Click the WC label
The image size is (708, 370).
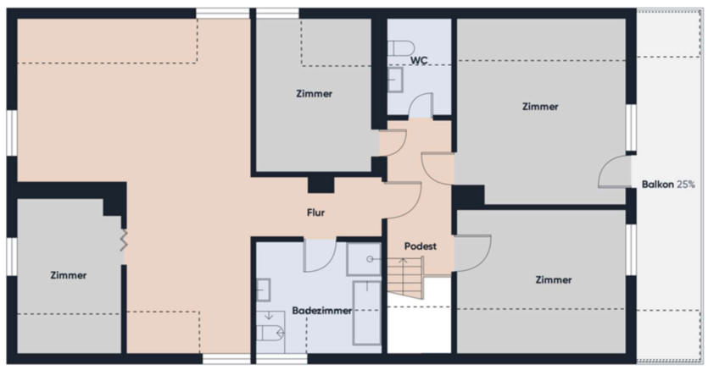419,60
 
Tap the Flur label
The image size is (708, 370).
315,213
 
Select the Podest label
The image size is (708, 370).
421,246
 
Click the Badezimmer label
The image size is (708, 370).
321,311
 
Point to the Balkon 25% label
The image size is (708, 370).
668,185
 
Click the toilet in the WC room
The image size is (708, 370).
401,47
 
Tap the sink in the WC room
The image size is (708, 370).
394,80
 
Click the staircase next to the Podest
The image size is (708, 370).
405,278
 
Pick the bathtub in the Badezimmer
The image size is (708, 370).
366,313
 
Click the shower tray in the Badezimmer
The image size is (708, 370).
364,259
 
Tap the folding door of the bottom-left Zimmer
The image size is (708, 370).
124,240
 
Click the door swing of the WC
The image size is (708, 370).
421,105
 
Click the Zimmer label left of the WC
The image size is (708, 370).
315,94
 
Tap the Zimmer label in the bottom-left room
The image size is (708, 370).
69,275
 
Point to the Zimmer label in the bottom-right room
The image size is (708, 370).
554,280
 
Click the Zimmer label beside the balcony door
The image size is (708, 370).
540,107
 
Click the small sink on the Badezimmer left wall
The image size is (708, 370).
263,290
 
